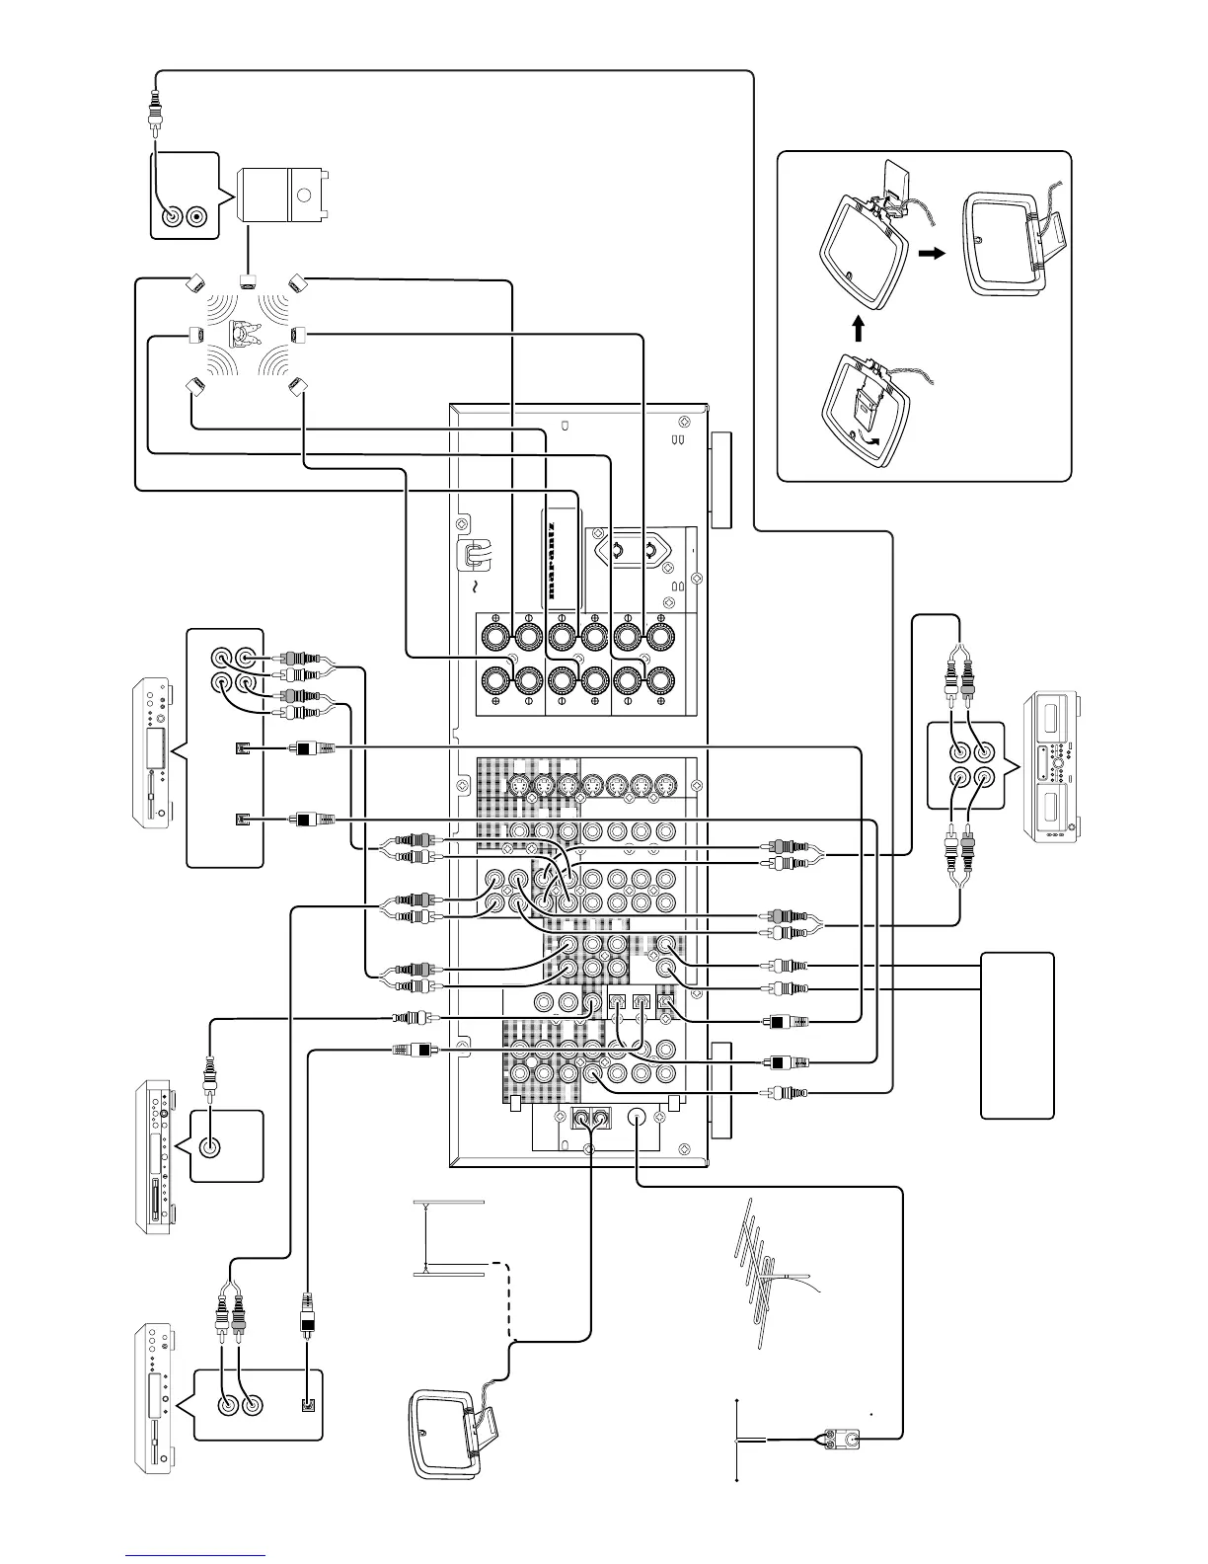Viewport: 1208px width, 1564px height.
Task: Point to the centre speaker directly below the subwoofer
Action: (247, 280)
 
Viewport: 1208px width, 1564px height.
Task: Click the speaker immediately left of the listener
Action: (194, 335)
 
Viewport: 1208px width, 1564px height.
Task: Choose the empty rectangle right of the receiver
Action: (1017, 1035)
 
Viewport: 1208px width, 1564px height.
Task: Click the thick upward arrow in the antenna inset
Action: (858, 327)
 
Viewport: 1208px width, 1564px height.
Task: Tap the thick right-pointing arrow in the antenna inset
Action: (930, 253)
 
